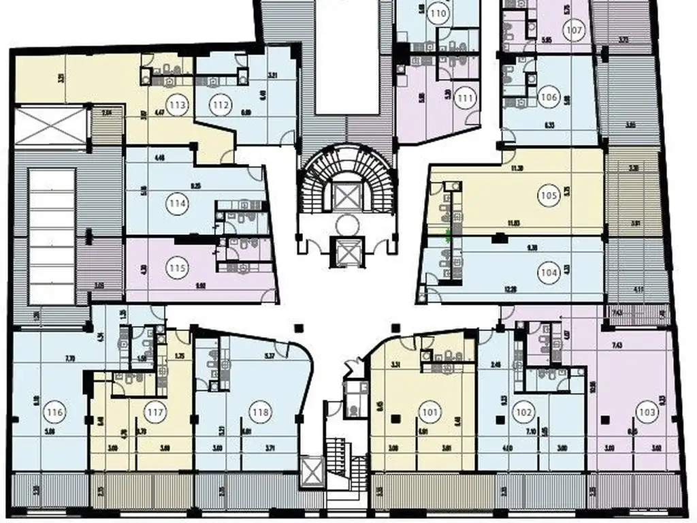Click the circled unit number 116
click(x=54, y=411)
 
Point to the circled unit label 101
click(x=430, y=411)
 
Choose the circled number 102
click(x=523, y=411)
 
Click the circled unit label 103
click(x=646, y=411)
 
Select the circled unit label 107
click(x=575, y=30)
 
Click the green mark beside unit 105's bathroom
click(x=447, y=238)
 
